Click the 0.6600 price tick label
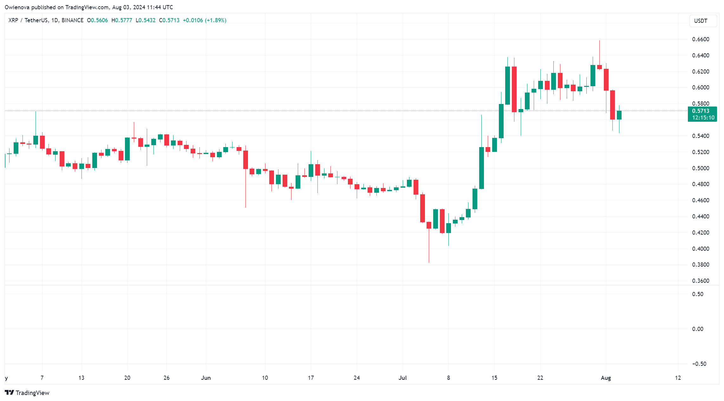701,39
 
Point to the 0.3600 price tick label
701,281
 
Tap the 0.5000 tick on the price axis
701,168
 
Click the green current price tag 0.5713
702,114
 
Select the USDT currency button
703,21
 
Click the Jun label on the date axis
206,378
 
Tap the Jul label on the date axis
403,378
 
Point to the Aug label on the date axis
606,378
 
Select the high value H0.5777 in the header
122,20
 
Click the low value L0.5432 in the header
146,20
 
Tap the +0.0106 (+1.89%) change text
205,20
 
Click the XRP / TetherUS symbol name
28,20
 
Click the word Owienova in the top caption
17,7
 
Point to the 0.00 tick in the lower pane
698,329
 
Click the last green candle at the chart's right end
619,115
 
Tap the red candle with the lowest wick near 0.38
429,225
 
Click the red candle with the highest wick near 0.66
599,67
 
